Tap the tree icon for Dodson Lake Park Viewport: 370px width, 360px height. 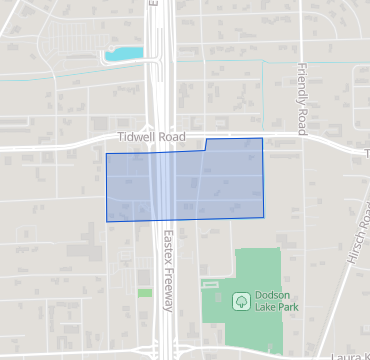pyautogui.click(x=240, y=300)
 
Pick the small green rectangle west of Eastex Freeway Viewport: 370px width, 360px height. pyautogui.click(x=145, y=292)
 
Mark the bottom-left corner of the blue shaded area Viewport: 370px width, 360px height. pyautogui.click(x=107, y=221)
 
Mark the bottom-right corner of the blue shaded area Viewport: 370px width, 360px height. pyautogui.click(x=264, y=217)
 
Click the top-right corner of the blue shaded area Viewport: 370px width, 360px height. pyautogui.click(x=262, y=139)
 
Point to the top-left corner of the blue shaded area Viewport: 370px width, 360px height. pyautogui.click(x=107, y=154)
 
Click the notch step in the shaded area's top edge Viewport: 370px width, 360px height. pyautogui.click(x=205, y=146)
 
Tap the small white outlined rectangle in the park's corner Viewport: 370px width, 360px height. pyautogui.click(x=208, y=285)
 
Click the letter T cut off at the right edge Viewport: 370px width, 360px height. pyautogui.click(x=366, y=153)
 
